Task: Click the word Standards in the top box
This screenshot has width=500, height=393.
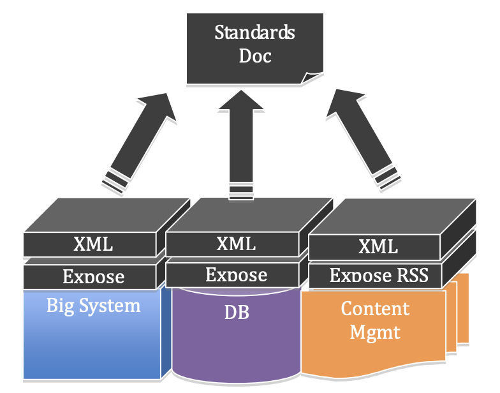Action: click(254, 32)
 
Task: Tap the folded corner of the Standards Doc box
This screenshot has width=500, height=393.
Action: click(313, 78)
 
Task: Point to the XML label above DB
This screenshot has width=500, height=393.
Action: click(236, 243)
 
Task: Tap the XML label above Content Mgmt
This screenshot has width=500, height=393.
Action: click(378, 246)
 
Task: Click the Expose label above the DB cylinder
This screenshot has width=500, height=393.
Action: click(236, 275)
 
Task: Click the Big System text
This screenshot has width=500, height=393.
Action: click(93, 305)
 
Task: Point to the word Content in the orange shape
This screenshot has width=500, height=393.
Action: click(375, 309)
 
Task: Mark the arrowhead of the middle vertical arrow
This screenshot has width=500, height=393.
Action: click(242, 102)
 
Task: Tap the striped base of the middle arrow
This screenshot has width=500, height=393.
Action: click(242, 189)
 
